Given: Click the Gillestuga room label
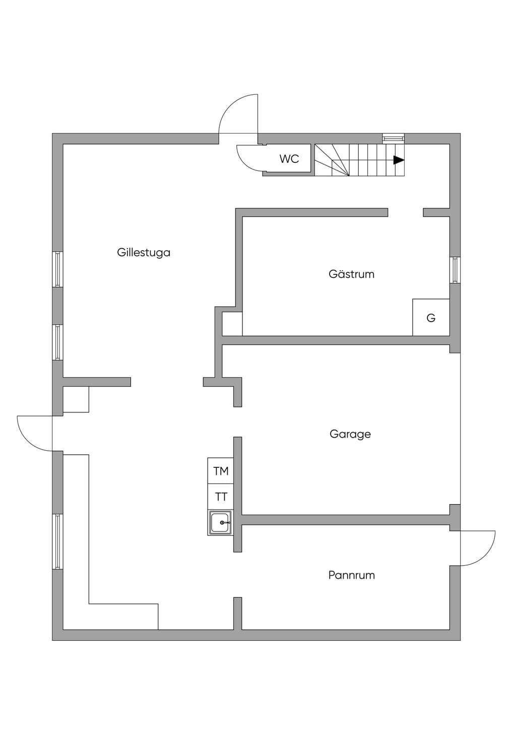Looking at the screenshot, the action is tap(144, 253).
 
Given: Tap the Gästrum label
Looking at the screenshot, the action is tap(352, 274).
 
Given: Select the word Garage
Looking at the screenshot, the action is tap(350, 434).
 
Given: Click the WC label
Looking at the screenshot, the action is tap(289, 159).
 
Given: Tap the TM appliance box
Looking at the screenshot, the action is tap(221, 470).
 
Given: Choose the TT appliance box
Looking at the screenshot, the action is tap(221, 497).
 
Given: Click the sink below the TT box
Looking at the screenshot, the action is tap(221, 522).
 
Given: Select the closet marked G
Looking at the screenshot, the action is tap(431, 318).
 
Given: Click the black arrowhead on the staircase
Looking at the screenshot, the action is tap(399, 160).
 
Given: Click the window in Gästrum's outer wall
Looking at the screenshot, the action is tap(455, 270).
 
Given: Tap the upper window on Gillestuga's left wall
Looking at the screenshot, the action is tap(57, 269).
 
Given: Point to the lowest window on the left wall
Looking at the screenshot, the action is tap(57, 541).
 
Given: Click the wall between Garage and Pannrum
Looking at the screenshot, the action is tap(346, 520).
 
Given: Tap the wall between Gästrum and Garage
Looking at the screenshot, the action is tap(336, 341).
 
